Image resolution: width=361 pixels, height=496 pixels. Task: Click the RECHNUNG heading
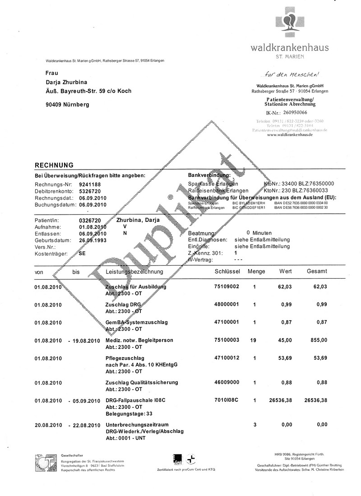point(54,165)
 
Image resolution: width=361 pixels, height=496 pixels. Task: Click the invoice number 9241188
point(90,184)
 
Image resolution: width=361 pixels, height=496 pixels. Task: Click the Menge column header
point(256,272)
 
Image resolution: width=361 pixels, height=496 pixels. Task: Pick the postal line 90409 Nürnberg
point(68,105)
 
